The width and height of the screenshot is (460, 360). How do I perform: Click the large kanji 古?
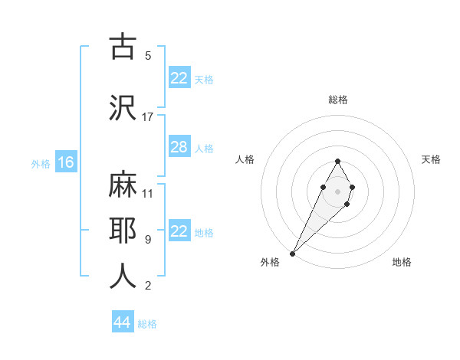(x=123, y=47)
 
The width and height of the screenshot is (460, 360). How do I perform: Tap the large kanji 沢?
(x=123, y=107)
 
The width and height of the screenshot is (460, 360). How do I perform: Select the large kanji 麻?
(x=123, y=184)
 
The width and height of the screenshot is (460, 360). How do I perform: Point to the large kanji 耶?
(x=123, y=231)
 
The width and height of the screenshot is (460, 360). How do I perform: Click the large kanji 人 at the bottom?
(x=123, y=276)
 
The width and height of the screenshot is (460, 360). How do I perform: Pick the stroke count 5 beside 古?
(x=148, y=56)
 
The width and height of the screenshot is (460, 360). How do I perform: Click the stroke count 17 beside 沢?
(x=148, y=116)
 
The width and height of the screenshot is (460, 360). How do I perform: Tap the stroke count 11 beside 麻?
(x=148, y=193)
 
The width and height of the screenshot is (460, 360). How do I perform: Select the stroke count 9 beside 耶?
(x=148, y=240)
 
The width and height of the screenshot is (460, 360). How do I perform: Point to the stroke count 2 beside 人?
(x=148, y=286)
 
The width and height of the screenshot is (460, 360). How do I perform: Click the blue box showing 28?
(x=179, y=147)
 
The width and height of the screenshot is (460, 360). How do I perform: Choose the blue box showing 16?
(x=65, y=162)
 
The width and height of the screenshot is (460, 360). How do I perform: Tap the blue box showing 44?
(x=122, y=322)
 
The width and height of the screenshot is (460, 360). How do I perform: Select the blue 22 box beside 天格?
(x=179, y=78)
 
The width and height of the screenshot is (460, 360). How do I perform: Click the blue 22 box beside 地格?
(x=179, y=231)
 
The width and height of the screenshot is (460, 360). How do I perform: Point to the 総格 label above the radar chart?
(x=338, y=100)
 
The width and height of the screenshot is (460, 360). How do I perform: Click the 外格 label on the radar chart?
(x=270, y=262)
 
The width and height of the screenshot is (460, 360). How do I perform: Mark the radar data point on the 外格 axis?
(x=292, y=253)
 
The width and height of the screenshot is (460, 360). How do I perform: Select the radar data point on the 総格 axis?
(x=337, y=162)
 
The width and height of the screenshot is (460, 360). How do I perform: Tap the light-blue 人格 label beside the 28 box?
(x=204, y=148)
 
